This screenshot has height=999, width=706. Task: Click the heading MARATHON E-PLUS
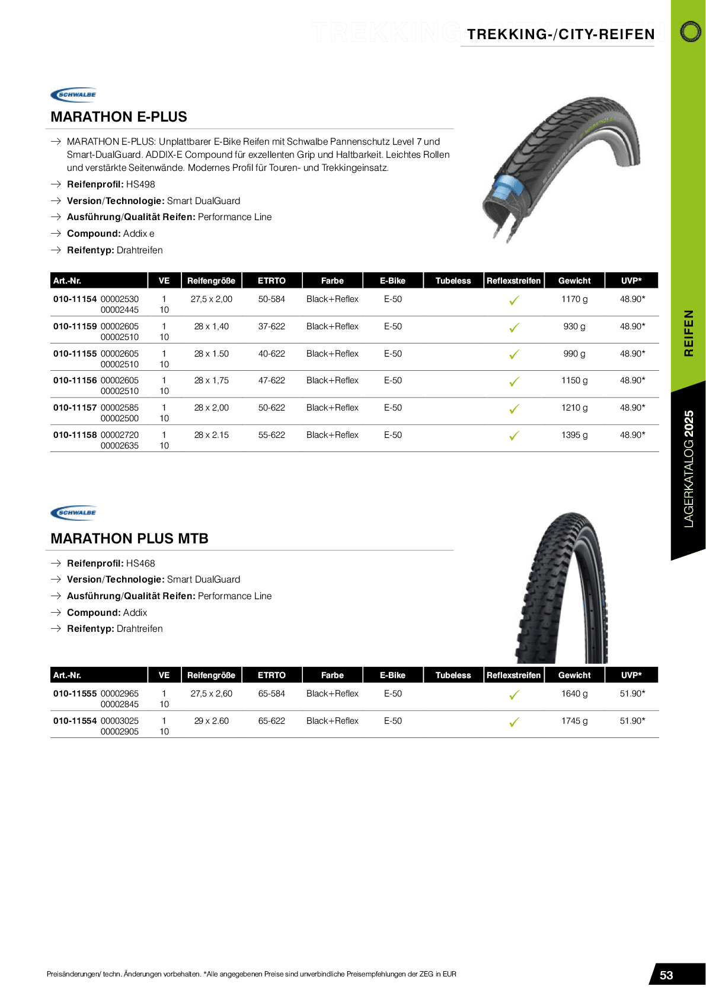pos(119,117)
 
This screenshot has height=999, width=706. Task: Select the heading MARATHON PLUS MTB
pos(129,539)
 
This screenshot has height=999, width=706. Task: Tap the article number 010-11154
pos(75,299)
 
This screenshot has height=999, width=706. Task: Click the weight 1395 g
pos(574,435)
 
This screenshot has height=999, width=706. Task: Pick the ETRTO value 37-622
pos(271,326)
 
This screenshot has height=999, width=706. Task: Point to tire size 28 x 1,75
pos(211,380)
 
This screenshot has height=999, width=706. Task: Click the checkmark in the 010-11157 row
pos(514,409)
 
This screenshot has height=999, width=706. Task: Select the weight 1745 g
pos(574,721)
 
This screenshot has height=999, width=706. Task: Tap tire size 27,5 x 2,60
pos(211,693)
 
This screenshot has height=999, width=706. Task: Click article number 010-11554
pos(75,721)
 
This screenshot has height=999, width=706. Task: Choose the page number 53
pos(666,975)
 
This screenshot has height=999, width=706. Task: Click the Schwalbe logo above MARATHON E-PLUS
pos(74,95)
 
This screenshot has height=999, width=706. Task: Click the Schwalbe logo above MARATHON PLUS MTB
pos(74,513)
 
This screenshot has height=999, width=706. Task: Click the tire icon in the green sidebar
pos(690,31)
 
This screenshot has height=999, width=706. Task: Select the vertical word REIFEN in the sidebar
pos(689,333)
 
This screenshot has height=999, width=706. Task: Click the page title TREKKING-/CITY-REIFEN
pos(561,34)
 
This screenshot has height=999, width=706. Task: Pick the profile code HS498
pos(140,184)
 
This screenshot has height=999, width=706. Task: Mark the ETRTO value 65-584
pos(271,693)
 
